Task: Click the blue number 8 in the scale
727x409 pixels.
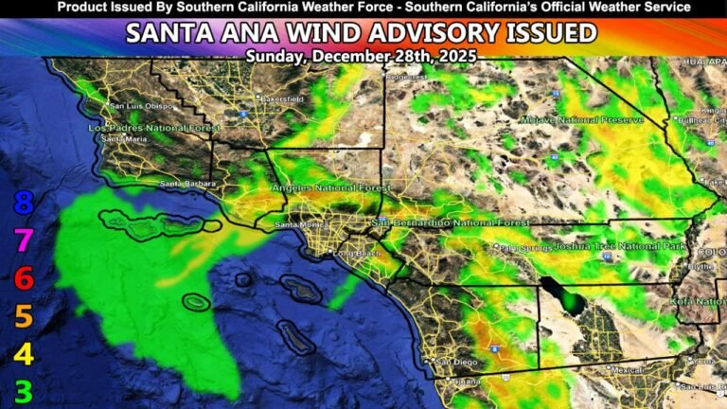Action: [24, 203]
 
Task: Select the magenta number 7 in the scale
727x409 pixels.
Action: [24, 240]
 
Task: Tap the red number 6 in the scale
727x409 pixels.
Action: [24, 278]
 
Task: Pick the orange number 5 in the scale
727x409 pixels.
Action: [24, 316]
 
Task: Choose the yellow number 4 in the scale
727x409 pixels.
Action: [24, 354]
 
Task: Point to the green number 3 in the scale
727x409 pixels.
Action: [24, 391]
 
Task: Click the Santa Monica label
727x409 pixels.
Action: [296, 225]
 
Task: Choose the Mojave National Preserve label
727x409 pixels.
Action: [581, 120]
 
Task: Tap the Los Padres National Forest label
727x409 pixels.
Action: [140, 127]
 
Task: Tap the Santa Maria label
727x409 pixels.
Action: [124, 139]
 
